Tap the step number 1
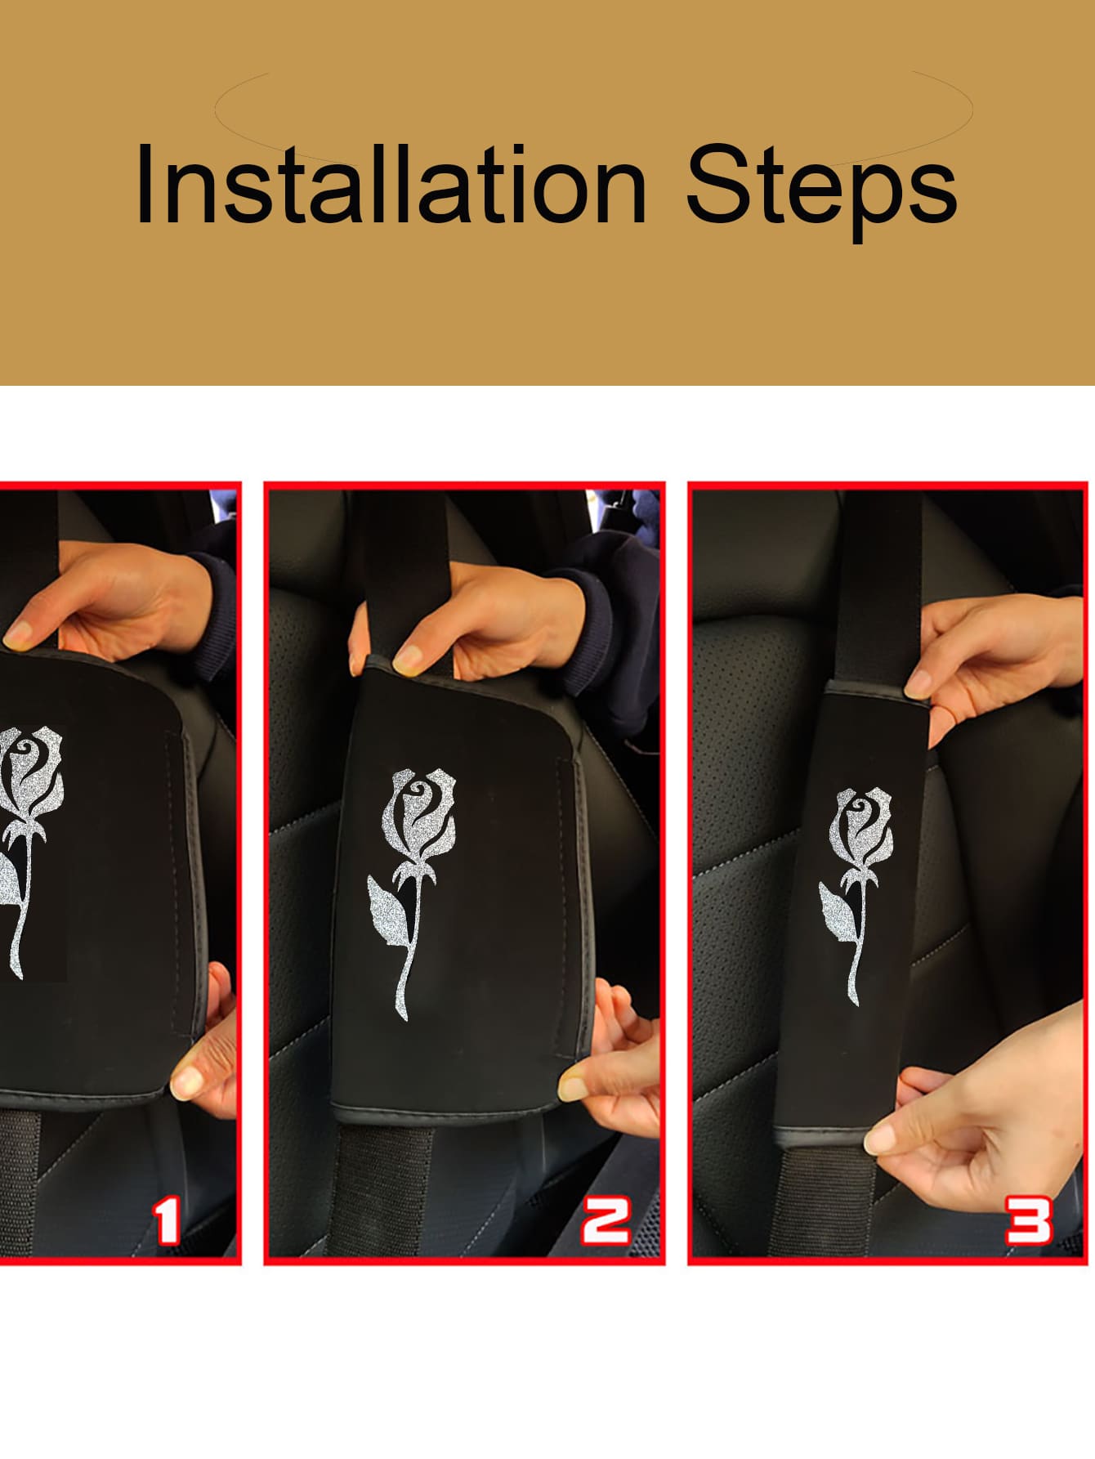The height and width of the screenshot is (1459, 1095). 168,1221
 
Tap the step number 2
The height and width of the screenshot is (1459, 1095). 606,1221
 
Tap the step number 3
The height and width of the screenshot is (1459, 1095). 1028,1221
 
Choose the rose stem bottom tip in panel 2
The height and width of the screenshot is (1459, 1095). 401,1017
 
